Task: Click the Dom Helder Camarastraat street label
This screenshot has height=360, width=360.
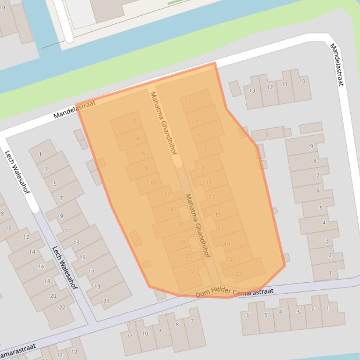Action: pyautogui.click(x=234, y=292)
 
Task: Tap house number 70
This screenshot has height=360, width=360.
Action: pyautogui.click(x=2, y=7)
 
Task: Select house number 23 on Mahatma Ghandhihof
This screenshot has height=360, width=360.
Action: pyautogui.click(x=239, y=274)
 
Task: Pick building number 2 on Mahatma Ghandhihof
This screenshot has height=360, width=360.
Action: pyautogui.click(x=134, y=121)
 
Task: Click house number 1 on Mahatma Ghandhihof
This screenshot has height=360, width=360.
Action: pyautogui.click(x=190, y=103)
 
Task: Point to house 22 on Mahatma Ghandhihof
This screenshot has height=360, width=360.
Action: pyautogui.click(x=191, y=271)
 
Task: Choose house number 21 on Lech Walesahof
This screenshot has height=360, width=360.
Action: pyautogui.click(x=106, y=301)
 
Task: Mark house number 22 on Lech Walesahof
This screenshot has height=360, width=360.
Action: pyautogui.click(x=62, y=307)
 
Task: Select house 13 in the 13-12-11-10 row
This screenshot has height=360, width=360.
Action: pyautogui.click(x=252, y=90)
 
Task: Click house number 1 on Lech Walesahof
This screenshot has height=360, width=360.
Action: pyautogui.click(x=40, y=154)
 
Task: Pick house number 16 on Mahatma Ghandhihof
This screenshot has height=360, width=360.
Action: pyautogui.click(x=179, y=224)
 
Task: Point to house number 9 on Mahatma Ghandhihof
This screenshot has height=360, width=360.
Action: pyautogui.click(x=203, y=168)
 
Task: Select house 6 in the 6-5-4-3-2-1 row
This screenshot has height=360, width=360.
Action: pyautogui.click(x=248, y=315)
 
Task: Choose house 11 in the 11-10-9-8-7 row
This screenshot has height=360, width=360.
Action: pyautogui.click(x=130, y=336)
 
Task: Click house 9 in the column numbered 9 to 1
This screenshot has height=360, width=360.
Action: pyautogui.click(x=311, y=146)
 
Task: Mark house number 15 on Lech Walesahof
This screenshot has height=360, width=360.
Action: pyautogui.click(x=82, y=257)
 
